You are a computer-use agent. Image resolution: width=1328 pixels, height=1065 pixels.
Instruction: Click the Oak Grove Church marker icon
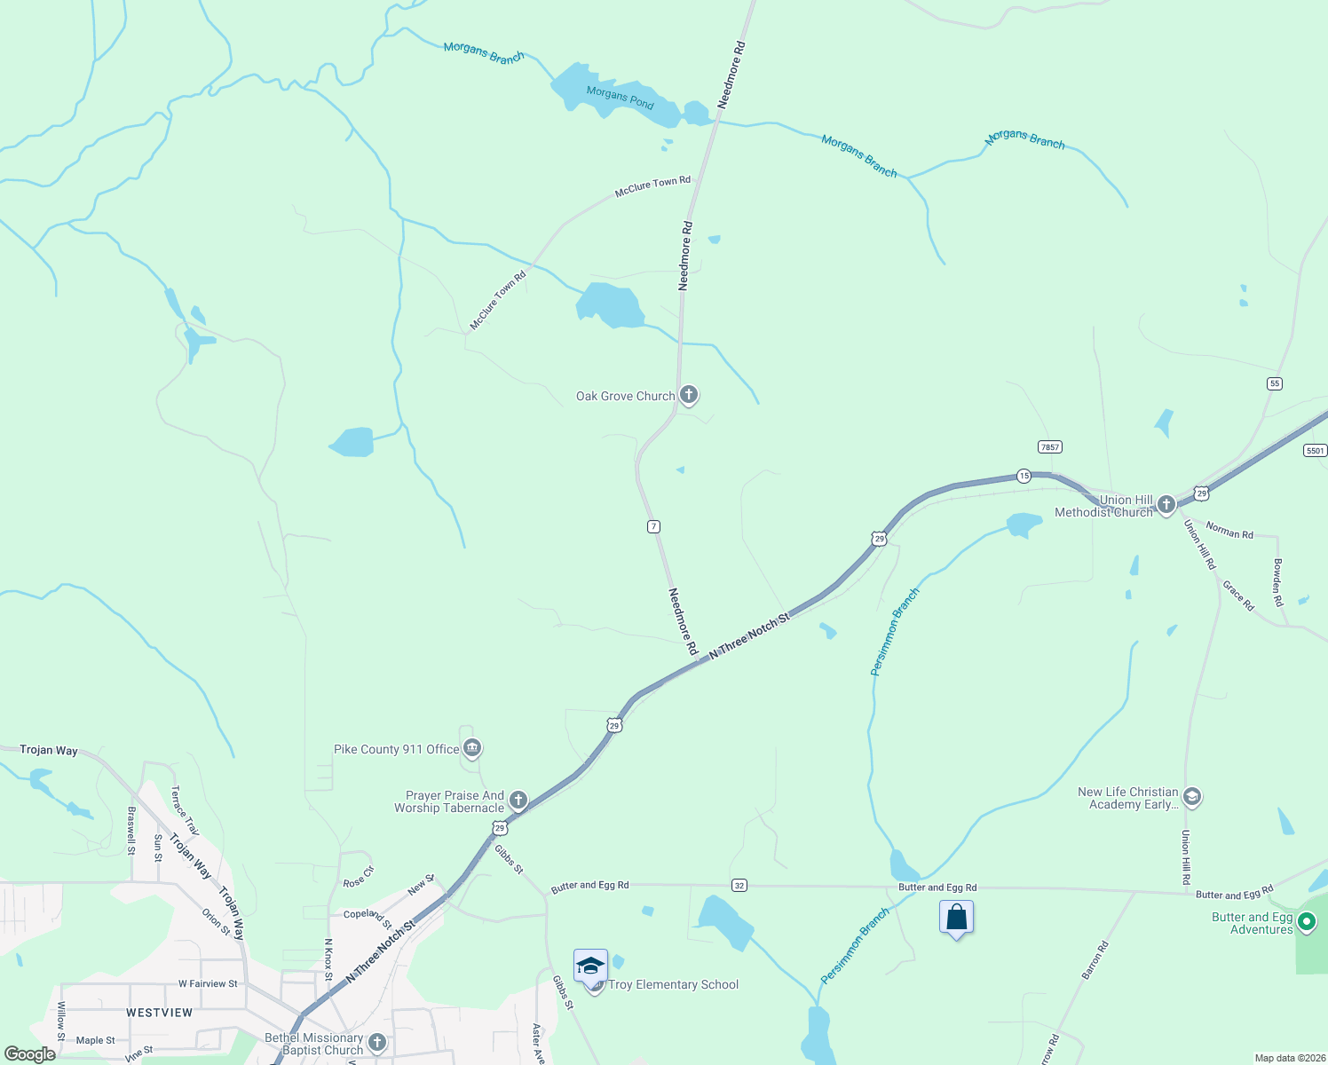click(x=688, y=394)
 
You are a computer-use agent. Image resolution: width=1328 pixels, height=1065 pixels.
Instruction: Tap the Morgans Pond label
click(x=620, y=98)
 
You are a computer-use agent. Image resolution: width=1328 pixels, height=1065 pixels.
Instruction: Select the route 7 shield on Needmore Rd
click(x=653, y=526)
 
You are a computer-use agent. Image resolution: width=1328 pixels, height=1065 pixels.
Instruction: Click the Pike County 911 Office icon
click(x=472, y=749)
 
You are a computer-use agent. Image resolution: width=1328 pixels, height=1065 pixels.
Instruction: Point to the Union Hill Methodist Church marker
click(x=1166, y=504)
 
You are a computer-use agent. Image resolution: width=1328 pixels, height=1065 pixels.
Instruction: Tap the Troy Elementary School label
click(x=673, y=984)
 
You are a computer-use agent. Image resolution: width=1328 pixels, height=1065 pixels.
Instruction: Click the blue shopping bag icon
click(x=956, y=918)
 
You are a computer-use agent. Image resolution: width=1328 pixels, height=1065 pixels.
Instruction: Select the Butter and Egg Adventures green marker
click(x=1306, y=922)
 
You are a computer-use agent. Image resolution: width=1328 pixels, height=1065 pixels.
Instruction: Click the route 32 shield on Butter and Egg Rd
click(x=739, y=885)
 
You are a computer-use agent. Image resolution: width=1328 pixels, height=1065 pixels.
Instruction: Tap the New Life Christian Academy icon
click(x=1192, y=796)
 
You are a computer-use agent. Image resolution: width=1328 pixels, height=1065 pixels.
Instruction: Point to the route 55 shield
click(x=1275, y=383)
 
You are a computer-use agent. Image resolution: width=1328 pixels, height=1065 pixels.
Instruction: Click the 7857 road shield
click(x=1050, y=447)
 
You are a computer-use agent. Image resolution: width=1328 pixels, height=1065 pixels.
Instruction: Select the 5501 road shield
click(x=1315, y=451)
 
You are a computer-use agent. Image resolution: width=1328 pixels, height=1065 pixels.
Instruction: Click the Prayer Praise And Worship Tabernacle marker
click(x=518, y=801)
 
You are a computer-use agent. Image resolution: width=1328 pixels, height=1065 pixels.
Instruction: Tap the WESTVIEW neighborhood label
click(x=159, y=1013)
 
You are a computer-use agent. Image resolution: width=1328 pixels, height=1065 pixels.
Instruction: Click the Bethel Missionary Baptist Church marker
click(x=376, y=1042)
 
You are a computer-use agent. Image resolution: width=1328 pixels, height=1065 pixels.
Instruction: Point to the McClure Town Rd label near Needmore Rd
click(x=652, y=186)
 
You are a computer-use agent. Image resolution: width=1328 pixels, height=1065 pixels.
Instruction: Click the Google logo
click(x=30, y=1054)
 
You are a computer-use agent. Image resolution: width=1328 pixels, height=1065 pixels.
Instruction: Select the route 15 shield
click(x=1024, y=476)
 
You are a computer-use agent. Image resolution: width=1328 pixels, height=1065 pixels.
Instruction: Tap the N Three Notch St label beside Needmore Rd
click(x=749, y=637)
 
